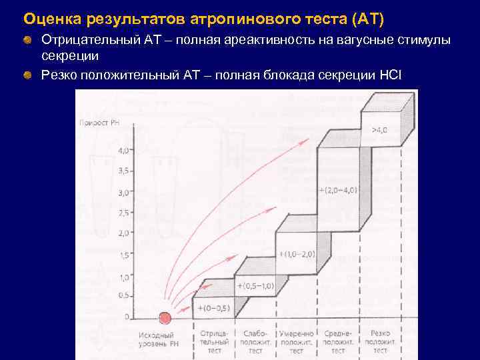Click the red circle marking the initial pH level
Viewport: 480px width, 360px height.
(165, 318)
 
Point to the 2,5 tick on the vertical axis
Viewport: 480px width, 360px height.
(124, 213)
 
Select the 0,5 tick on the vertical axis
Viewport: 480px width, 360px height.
(124, 295)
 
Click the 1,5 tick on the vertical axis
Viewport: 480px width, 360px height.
(124, 255)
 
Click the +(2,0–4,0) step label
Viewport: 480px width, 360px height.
(338, 190)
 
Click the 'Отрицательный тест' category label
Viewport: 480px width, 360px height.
(214, 341)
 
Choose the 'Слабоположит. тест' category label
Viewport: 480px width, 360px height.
(255, 341)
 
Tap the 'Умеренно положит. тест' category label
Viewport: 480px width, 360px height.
(297, 341)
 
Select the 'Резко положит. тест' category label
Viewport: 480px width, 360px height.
(381, 341)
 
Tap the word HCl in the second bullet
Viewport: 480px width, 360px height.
(389, 74)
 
